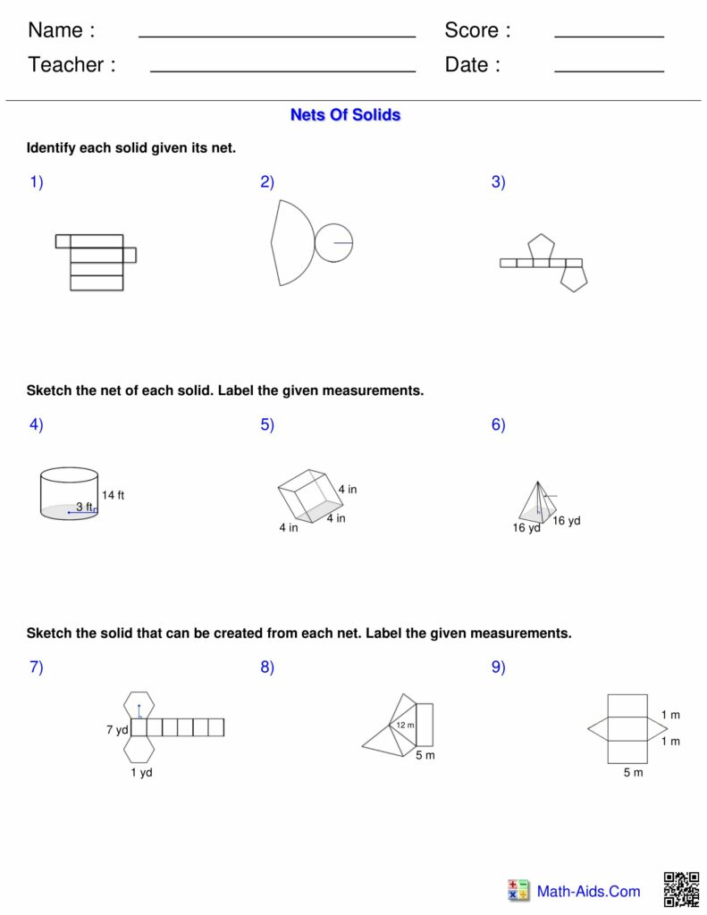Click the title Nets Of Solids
[x=345, y=115]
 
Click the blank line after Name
[x=277, y=36]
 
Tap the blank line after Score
[x=609, y=36]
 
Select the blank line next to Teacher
[x=282, y=70]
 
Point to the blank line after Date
[x=609, y=70]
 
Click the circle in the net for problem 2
[x=333, y=243]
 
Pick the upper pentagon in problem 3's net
[x=541, y=248]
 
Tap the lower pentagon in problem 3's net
[x=573, y=279]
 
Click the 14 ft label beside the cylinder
[x=113, y=495]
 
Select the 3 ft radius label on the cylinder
[x=83, y=507]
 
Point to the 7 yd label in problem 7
[x=117, y=730]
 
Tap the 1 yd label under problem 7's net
[x=141, y=772]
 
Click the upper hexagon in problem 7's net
[x=139, y=704]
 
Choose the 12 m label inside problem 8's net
[x=405, y=725]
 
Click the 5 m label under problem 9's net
[x=633, y=772]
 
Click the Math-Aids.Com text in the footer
[x=588, y=891]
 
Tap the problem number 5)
[x=267, y=425]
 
